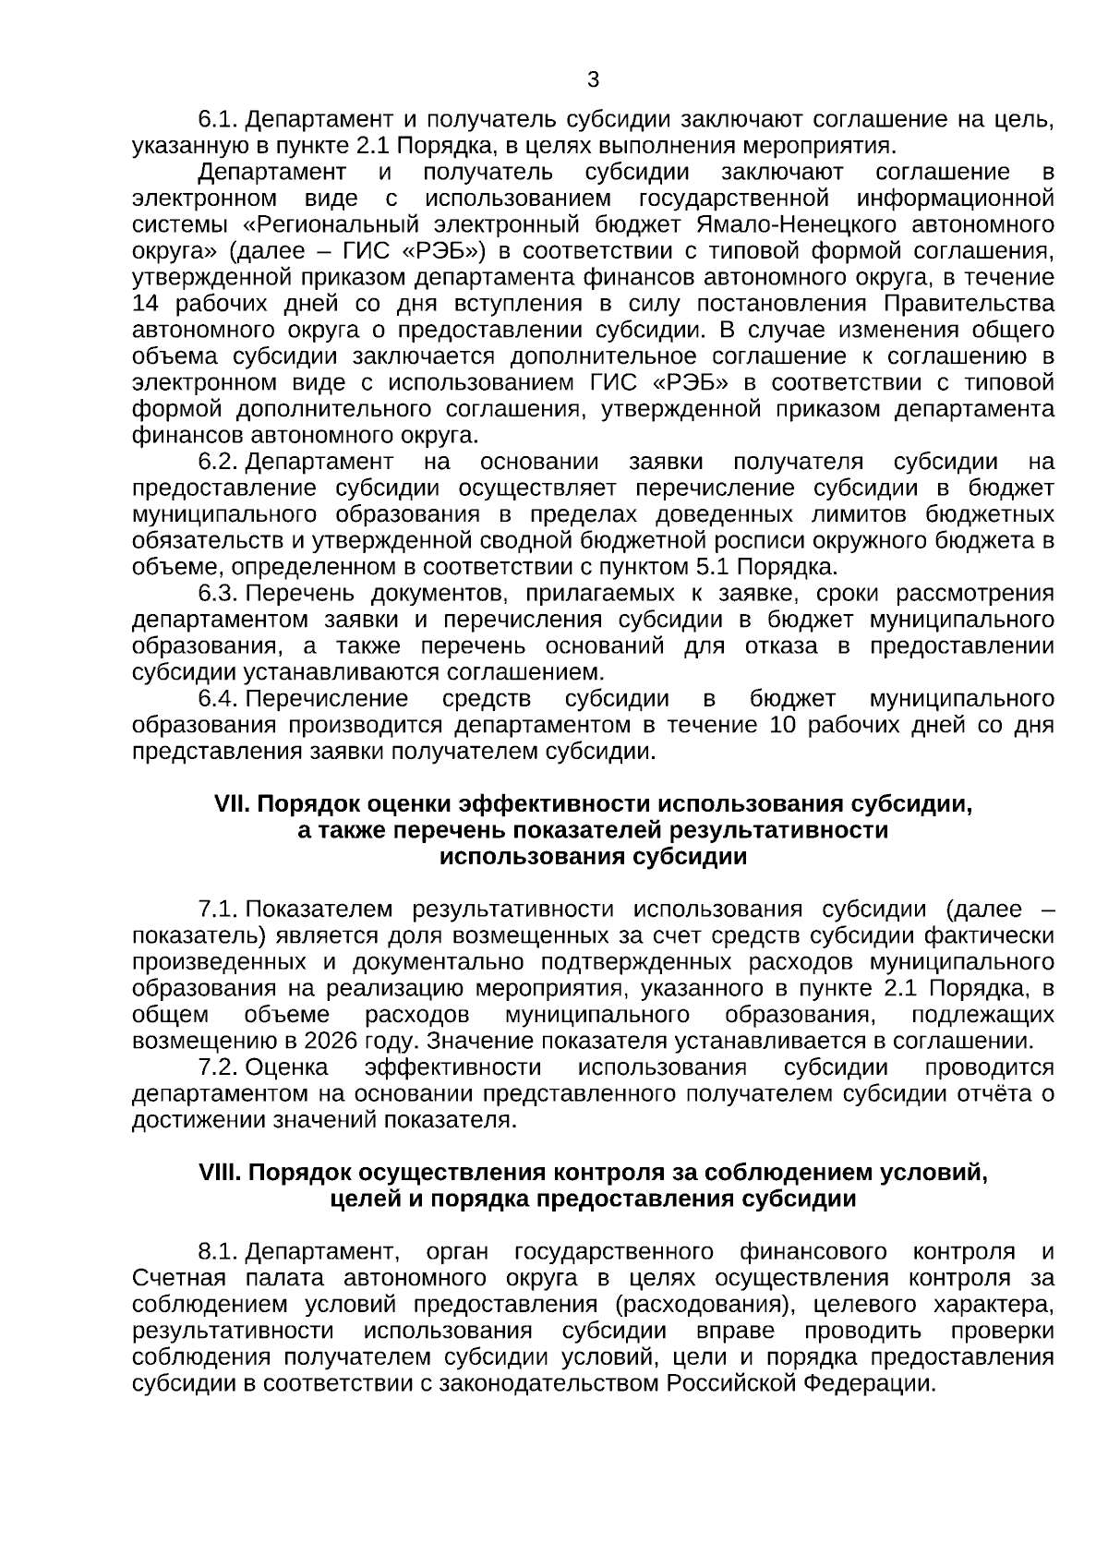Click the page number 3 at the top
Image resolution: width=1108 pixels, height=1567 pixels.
click(x=593, y=80)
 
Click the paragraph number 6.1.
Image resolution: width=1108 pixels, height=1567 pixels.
click(x=219, y=119)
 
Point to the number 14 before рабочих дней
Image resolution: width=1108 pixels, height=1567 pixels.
click(x=146, y=304)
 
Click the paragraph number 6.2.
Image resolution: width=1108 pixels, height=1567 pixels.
click(x=219, y=462)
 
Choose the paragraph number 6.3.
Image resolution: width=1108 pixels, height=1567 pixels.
click(x=219, y=594)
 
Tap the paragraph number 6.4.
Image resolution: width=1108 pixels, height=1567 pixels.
click(x=219, y=699)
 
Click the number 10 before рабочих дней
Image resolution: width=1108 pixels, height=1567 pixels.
click(x=781, y=726)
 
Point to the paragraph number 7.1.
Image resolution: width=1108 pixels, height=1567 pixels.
click(x=219, y=910)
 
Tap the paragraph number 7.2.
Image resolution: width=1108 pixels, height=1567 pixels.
click(x=219, y=1068)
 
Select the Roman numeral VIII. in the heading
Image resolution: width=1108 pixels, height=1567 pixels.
click(x=220, y=1174)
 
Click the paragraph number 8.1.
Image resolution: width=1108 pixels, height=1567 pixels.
click(x=219, y=1253)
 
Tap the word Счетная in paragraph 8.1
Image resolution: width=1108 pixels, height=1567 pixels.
click(x=179, y=1279)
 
